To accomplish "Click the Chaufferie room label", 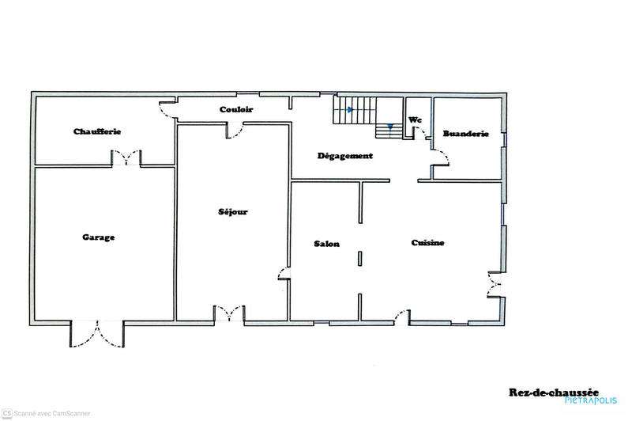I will [x=96, y=131].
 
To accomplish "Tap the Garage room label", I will [x=99, y=237].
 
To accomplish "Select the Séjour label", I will [x=233, y=212].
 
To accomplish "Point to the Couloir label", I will [x=236, y=110].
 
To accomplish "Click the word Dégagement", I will [x=344, y=156].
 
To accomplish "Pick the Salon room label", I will [x=326, y=244].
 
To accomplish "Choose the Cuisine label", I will [x=427, y=243].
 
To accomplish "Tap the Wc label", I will [x=415, y=120].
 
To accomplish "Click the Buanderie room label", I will [x=465, y=134].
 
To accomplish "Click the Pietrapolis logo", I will [x=591, y=400].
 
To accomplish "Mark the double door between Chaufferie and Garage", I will [x=126, y=158].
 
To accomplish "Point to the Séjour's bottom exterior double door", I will [x=229, y=314].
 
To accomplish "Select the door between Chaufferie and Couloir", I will [x=167, y=108].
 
